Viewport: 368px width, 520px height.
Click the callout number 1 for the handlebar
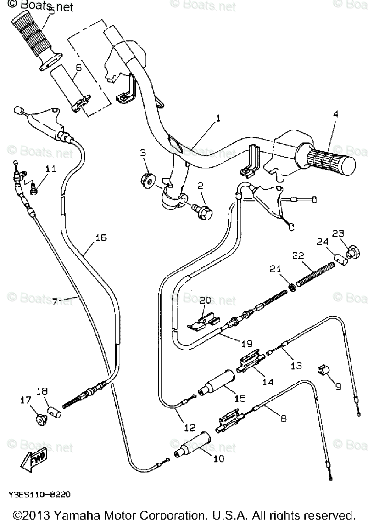click(x=218, y=118)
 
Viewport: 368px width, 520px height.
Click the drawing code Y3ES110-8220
click(x=40, y=495)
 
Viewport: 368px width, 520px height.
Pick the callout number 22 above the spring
click(x=298, y=256)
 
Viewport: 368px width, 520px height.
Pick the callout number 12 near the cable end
click(x=189, y=428)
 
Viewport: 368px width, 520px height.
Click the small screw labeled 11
click(x=33, y=187)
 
